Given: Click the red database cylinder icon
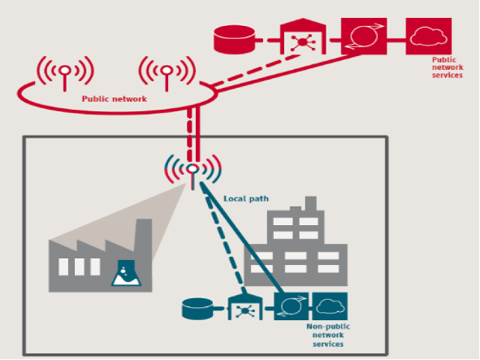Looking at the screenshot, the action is (234, 40).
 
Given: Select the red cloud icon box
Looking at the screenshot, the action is (429, 36).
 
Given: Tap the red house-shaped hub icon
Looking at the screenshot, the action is (303, 37).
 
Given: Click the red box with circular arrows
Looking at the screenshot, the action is (364, 36).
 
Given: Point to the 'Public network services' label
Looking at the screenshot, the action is (448, 67).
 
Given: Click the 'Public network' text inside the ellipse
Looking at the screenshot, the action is (115, 99).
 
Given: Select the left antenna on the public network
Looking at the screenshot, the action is (65, 73).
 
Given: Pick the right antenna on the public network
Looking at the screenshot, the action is (166, 73).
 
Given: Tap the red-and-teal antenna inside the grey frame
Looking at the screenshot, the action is (192, 171).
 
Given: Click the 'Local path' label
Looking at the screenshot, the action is (246, 199).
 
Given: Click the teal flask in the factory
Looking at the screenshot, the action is (126, 273).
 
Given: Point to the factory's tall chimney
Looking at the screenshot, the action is (144, 236).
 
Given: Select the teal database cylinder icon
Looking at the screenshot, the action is (197, 309).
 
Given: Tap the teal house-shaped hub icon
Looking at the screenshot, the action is (245, 308).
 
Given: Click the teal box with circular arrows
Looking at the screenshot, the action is (291, 306).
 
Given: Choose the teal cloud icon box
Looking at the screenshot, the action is (330, 306).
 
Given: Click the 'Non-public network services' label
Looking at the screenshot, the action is (328, 335).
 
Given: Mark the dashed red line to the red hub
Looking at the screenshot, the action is (256, 70).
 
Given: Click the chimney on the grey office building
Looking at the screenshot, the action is (311, 204).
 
